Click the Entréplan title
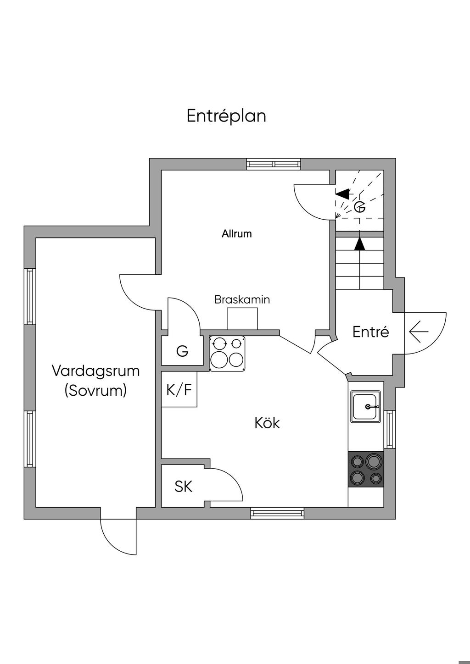tap(226, 116)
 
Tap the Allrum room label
tap(237, 234)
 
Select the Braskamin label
tap(242, 300)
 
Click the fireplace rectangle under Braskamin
tap(242, 318)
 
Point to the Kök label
tap(267, 423)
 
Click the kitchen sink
tap(365, 406)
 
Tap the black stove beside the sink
tap(366, 469)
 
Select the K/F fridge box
tap(179, 389)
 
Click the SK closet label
tap(183, 487)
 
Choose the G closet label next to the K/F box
tap(182, 352)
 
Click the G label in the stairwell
tap(360, 207)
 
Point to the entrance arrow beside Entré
tap(418, 332)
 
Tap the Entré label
tap(370, 332)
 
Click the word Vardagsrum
tap(95, 371)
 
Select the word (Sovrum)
tap(95, 391)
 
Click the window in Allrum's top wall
tap(274, 164)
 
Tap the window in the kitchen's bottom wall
tap(277, 513)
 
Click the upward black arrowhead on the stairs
tap(360, 243)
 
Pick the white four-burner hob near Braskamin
tap(227, 353)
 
